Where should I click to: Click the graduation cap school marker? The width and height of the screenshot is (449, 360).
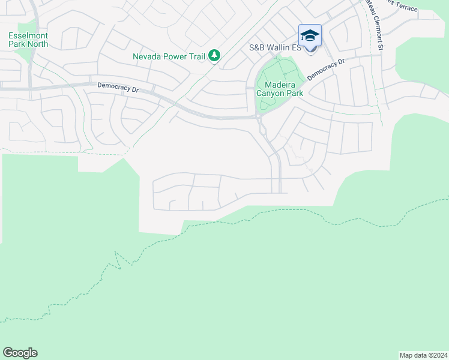tap(310, 36)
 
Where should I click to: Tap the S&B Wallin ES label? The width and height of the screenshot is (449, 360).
tap(274, 47)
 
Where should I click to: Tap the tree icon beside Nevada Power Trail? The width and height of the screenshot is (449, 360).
tap(214, 56)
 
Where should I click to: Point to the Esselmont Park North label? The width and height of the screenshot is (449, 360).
tap(28, 40)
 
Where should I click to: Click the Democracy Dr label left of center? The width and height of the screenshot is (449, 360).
tap(118, 87)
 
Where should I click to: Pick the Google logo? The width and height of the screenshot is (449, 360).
tap(20, 353)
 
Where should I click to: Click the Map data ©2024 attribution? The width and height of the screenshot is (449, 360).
tap(423, 355)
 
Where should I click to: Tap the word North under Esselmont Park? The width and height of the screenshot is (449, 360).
tap(37, 44)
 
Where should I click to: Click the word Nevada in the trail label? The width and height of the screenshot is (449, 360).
tap(147, 57)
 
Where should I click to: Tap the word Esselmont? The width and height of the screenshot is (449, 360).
tap(28, 35)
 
